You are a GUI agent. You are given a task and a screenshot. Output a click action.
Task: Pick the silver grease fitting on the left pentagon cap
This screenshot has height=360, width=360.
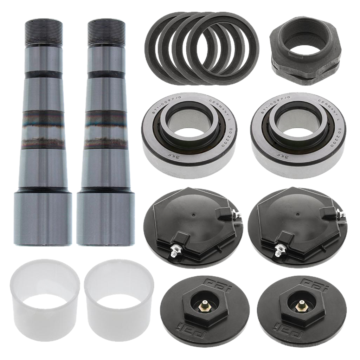[175, 250]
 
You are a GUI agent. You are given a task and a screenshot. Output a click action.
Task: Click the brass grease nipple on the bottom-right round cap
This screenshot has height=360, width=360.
[301, 304]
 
